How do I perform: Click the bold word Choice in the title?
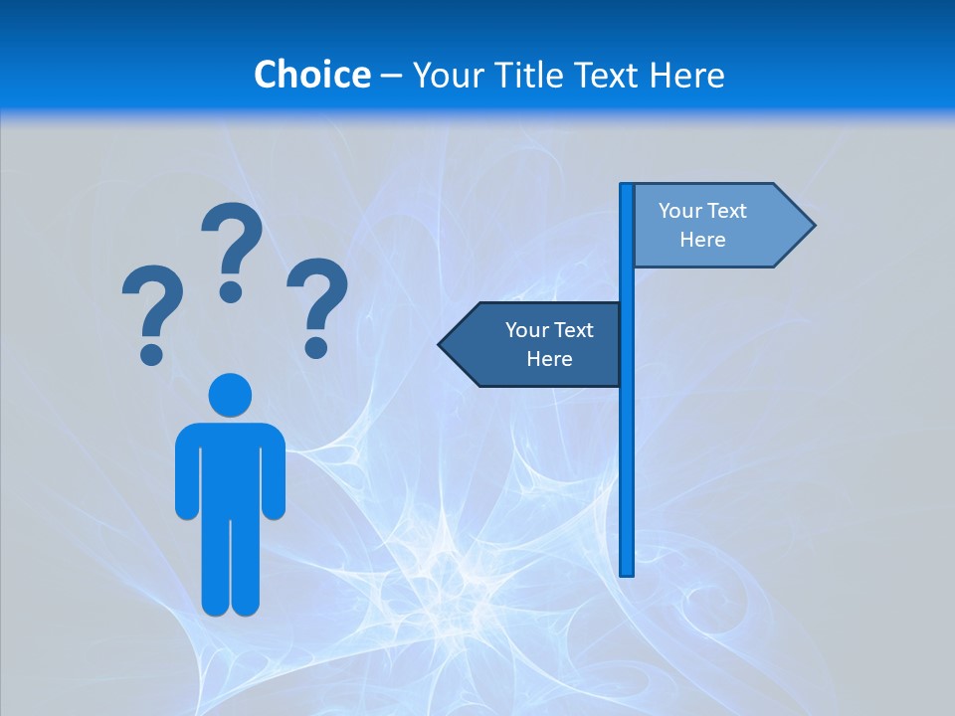pos(311,75)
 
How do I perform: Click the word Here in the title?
pos(686,75)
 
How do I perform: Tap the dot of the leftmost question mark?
pos(151,353)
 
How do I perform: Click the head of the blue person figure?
pos(230,395)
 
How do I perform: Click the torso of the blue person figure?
pos(230,467)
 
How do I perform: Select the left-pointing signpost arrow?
pos(532,344)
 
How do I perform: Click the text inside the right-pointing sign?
pos(702,225)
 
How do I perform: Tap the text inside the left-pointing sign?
pos(549,344)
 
